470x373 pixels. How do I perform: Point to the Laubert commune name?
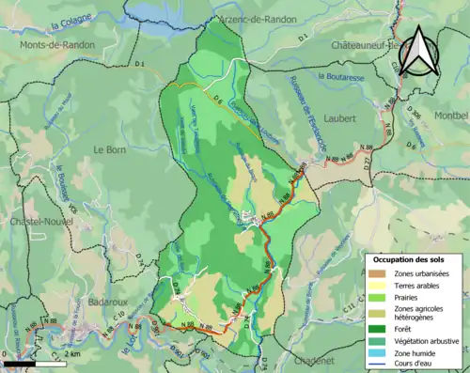tap(341, 118)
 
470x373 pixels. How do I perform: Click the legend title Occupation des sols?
tap(415, 259)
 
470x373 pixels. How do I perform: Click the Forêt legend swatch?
tap(378, 330)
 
